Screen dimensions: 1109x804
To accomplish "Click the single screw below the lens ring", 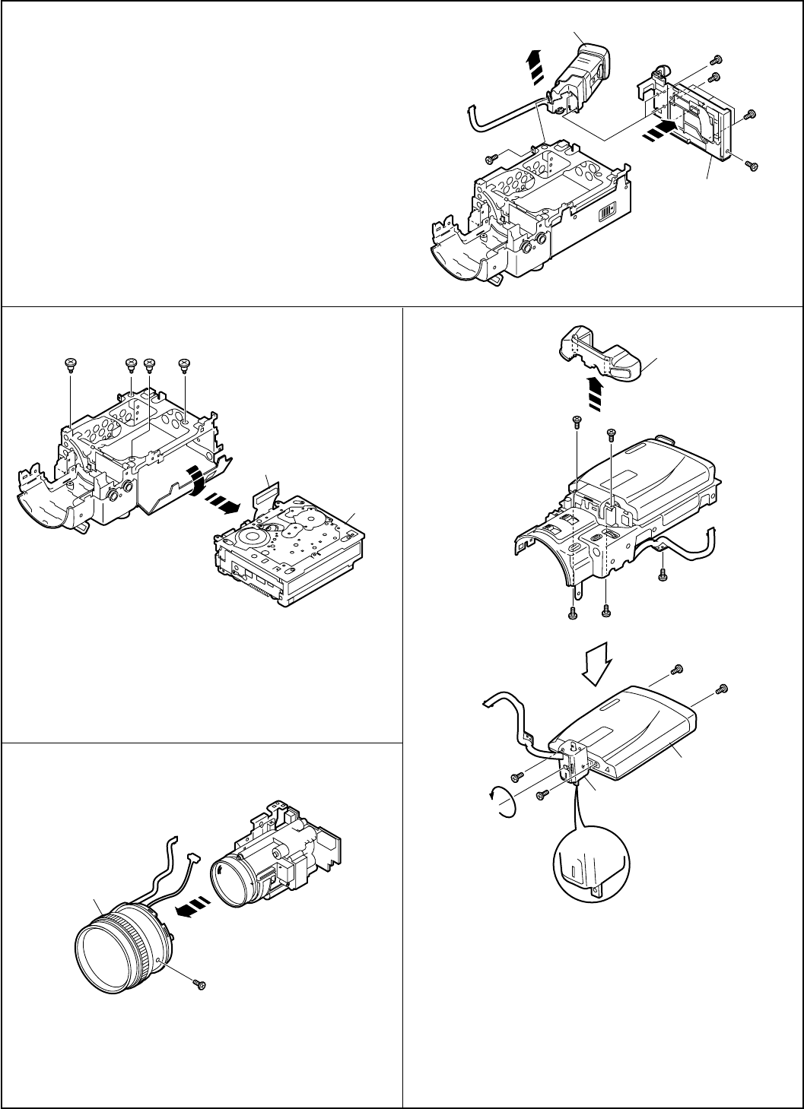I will coord(201,985).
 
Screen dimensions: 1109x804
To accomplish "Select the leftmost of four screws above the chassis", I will coord(70,364).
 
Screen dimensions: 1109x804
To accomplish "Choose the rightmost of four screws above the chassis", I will coord(183,364).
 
